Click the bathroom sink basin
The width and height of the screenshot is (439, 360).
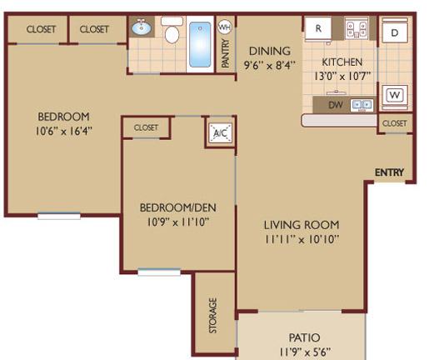tap(142, 27)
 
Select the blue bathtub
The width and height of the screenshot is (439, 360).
tap(200, 44)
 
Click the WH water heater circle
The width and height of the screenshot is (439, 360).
tap(225, 27)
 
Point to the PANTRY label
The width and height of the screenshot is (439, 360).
tap(226, 53)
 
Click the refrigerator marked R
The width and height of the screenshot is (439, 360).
tap(318, 28)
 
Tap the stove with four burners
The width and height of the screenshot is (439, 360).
tap(357, 28)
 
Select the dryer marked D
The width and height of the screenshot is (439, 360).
tap(395, 32)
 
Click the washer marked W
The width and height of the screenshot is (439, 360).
tap(395, 96)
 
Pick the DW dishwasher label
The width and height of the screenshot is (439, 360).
tap(336, 105)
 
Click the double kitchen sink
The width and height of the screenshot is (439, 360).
tap(362, 105)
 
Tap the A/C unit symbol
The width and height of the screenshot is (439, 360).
tap(221, 132)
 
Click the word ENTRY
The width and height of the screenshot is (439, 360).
tap(389, 172)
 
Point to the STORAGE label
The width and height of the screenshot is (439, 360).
tap(213, 316)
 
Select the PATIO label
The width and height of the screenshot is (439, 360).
tap(304, 337)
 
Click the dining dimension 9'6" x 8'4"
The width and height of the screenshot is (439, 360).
tap(270, 65)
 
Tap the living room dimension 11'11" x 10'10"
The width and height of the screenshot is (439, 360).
tap(302, 239)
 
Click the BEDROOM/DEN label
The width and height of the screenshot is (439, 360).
tap(177, 207)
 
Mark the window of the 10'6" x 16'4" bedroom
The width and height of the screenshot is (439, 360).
tap(59, 216)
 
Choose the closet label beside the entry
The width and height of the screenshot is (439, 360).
tap(395, 123)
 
